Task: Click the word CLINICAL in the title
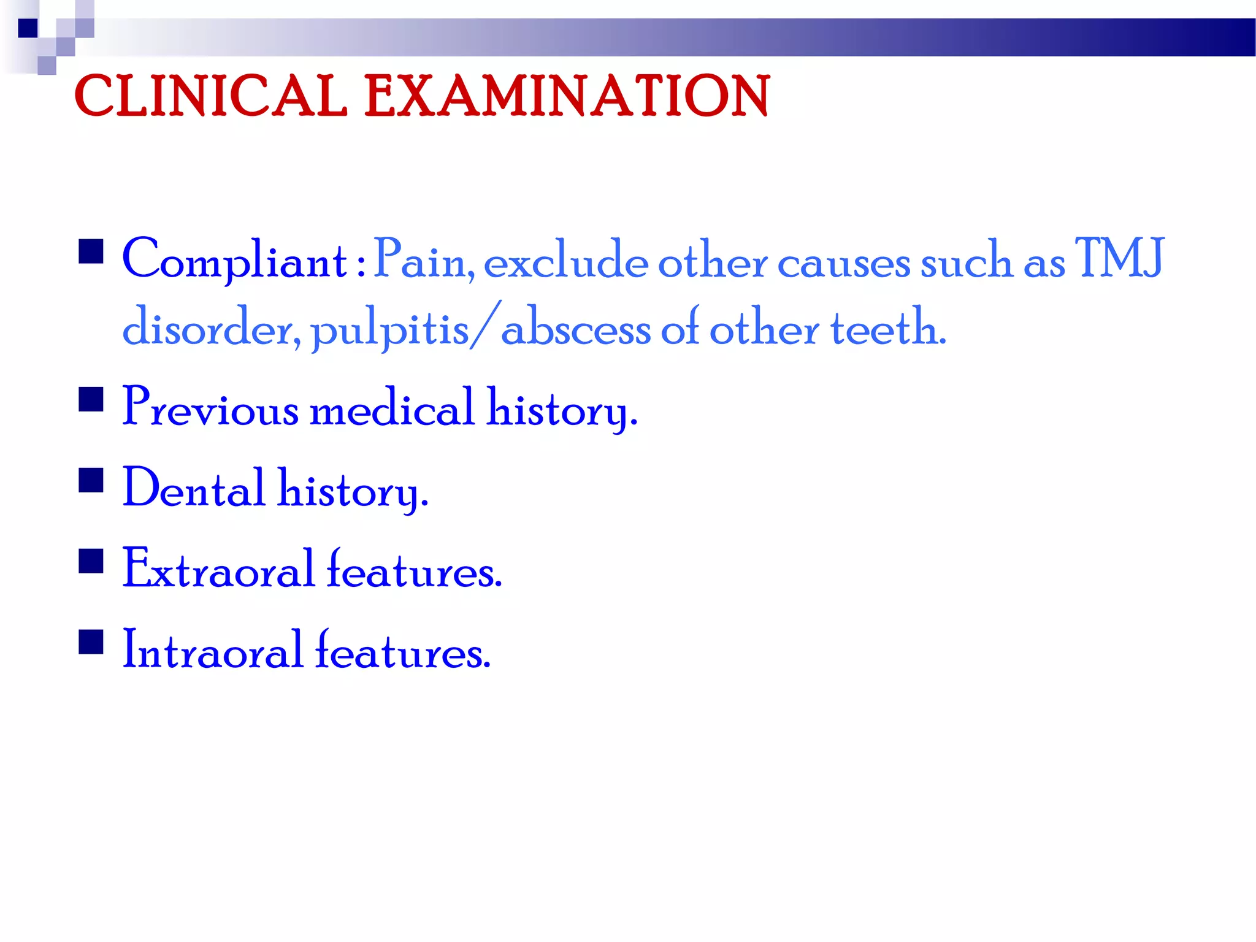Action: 210,96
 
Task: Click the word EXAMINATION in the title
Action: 567,96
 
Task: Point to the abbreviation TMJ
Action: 1119,259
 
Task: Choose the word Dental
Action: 194,488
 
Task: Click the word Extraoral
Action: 218,569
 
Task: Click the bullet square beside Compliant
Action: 91,251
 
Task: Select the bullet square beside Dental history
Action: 91,480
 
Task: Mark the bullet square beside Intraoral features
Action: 91,642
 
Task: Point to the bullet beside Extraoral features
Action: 91,561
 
